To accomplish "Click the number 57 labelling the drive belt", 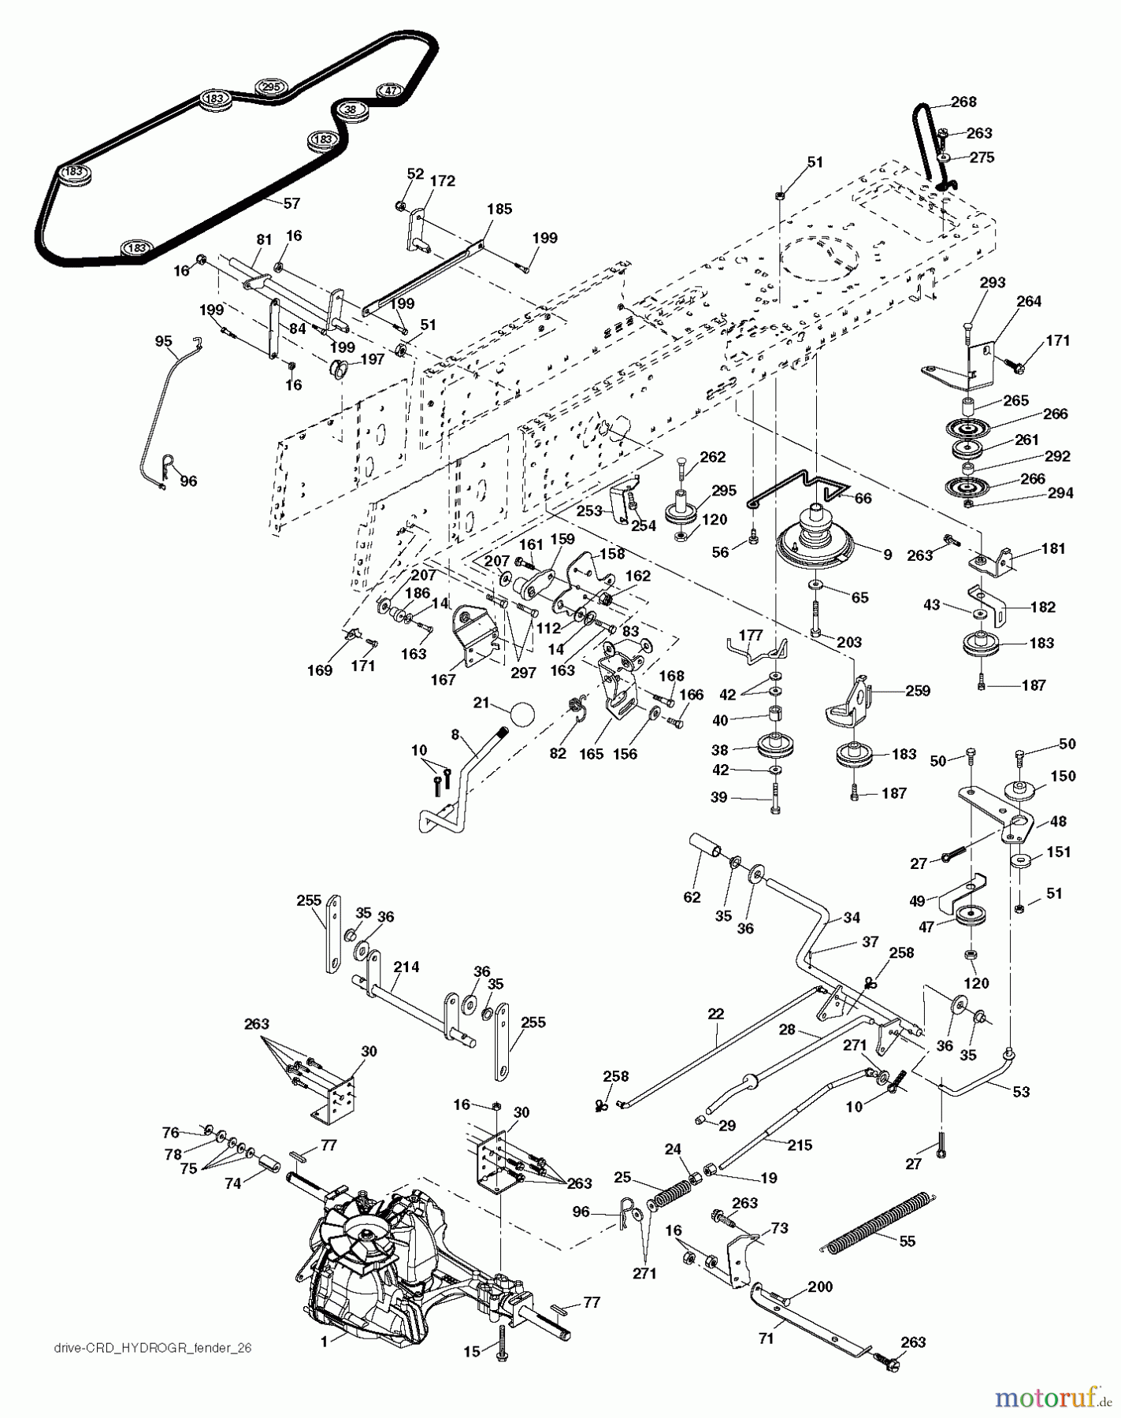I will pos(292,203).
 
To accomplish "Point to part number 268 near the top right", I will pos(963,102).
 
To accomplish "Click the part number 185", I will pos(499,209).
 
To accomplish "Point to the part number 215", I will pos(800,1145).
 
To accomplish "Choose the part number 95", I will pos(163,341).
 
